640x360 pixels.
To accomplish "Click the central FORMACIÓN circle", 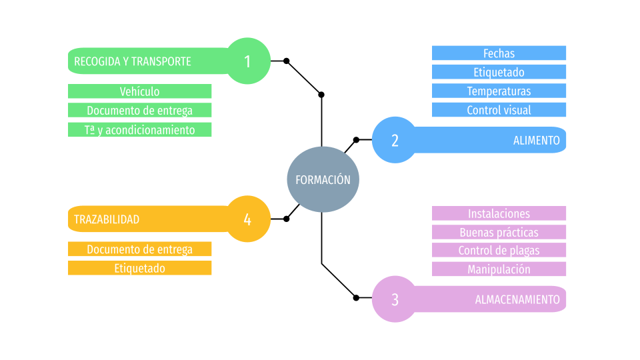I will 323,179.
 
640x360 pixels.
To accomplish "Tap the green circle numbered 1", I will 248,61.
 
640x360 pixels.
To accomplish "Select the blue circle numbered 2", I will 394,140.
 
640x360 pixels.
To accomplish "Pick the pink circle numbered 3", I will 394,299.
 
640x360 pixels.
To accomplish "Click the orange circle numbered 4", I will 248,219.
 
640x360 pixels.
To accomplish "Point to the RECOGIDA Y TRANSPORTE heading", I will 133,61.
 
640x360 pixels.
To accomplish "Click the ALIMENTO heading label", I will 536,140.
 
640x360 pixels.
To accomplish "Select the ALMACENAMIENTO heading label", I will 517,299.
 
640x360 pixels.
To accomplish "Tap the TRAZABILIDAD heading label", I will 107,219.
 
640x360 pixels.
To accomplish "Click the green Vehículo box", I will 139,91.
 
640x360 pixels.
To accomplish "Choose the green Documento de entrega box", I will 139,110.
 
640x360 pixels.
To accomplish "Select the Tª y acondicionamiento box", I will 139,129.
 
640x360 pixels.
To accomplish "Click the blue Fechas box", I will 499,53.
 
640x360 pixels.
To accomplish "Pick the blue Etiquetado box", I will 499,72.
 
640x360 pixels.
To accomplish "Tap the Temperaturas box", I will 499,91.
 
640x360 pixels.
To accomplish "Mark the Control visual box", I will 499,110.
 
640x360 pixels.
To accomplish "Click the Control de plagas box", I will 499,250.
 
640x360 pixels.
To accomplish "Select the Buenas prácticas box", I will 499,232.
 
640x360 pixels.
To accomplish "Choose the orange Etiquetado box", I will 139,268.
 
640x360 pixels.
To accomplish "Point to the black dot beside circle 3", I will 356,297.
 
